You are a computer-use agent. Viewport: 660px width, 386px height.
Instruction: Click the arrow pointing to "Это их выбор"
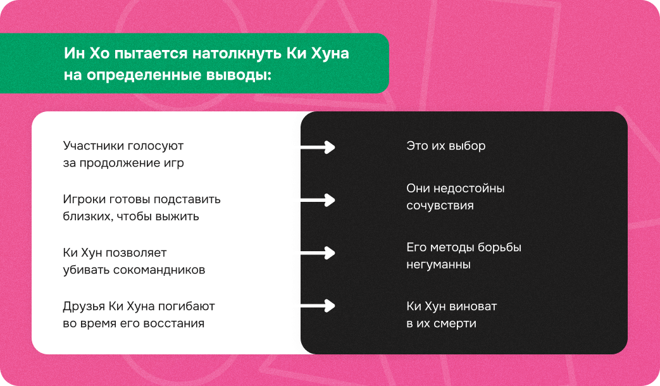coord(317,147)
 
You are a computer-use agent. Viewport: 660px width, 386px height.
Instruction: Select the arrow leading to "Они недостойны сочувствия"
coord(317,200)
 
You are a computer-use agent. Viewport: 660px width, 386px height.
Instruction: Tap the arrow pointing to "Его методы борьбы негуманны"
coord(317,253)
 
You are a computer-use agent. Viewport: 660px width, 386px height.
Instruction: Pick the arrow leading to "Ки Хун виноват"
coord(317,306)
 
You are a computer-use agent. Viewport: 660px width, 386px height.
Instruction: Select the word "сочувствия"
coord(440,206)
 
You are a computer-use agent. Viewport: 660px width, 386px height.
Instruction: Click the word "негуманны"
coord(438,265)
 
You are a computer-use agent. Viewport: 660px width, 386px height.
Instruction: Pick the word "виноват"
coord(473,306)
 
